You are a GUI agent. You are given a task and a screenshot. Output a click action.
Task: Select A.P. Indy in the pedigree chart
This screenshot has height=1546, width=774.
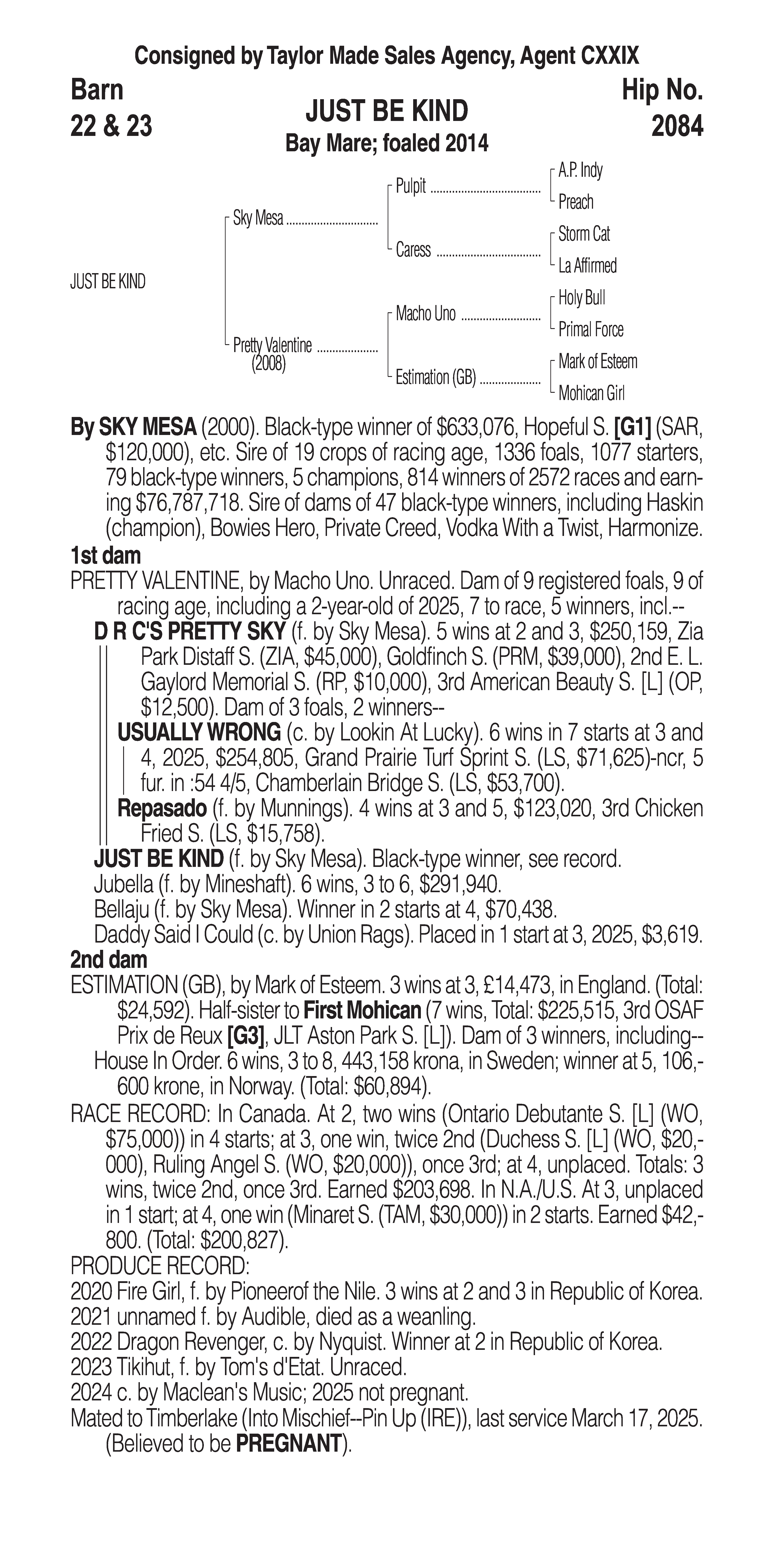point(580,170)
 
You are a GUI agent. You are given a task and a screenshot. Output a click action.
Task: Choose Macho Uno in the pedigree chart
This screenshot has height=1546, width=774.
point(425,313)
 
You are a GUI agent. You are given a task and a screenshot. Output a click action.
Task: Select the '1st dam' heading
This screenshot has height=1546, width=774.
point(106,556)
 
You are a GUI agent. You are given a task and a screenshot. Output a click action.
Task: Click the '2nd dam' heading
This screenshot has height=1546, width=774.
point(108,960)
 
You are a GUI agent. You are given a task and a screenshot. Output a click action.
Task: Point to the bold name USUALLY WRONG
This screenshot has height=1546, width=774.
point(199,732)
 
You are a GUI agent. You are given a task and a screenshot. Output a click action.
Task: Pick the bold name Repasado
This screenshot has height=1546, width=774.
point(162,808)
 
